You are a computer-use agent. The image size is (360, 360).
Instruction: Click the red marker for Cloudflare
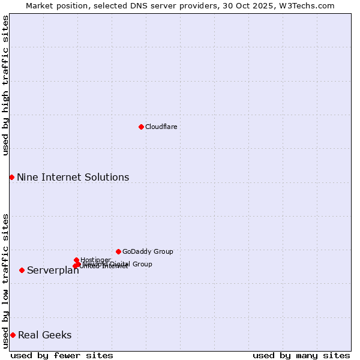click(x=141, y=127)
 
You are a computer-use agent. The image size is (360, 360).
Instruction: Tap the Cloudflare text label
click(x=161, y=127)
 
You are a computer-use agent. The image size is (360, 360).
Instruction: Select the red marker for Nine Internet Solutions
click(x=11, y=177)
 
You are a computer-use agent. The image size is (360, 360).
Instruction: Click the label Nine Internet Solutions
click(x=73, y=177)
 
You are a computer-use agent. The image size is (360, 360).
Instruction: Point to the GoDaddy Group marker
click(x=118, y=251)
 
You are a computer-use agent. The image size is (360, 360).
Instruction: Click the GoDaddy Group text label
click(x=148, y=251)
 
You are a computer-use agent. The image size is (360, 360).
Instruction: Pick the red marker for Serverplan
click(x=22, y=270)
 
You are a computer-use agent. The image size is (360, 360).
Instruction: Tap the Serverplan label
click(x=53, y=271)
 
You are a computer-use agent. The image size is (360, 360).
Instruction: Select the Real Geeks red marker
click(x=13, y=335)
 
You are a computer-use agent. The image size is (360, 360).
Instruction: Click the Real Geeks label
click(x=44, y=335)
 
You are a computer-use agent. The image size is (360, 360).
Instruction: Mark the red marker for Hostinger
click(x=76, y=260)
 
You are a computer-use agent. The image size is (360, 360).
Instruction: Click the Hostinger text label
click(x=95, y=259)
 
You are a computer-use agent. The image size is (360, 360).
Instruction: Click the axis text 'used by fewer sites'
click(x=62, y=355)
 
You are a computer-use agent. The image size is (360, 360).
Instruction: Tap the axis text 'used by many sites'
click(x=301, y=355)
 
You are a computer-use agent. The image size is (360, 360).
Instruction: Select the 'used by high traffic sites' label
click(x=5, y=85)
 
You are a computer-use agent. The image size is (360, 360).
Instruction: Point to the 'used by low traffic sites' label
click(x=5, y=281)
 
